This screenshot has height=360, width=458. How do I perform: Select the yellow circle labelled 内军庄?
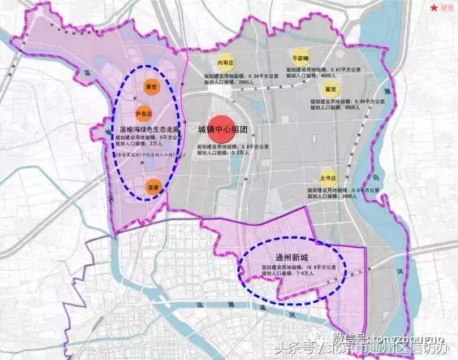tap(226, 63)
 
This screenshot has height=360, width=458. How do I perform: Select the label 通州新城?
tap(296, 255)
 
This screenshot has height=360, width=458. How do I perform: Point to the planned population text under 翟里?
tap(328, 106)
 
